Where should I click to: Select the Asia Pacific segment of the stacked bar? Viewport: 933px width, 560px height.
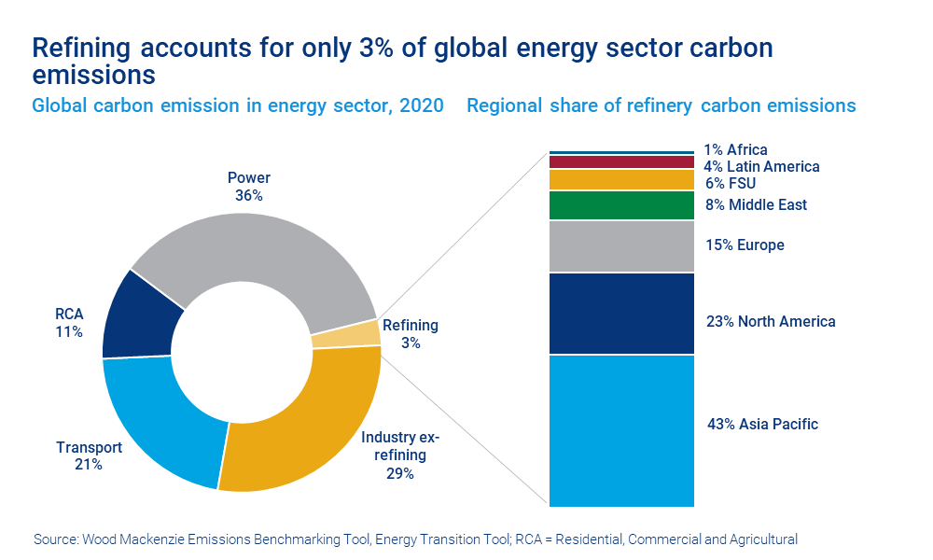click(621, 430)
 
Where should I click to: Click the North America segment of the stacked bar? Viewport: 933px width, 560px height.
click(621, 314)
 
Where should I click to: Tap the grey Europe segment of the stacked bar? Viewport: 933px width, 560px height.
click(621, 246)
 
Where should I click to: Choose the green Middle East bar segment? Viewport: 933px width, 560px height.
click(621, 205)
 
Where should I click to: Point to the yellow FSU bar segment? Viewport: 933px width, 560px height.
click(621, 180)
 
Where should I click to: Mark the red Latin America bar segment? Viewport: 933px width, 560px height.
click(621, 162)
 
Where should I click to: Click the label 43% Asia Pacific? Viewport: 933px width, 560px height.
click(762, 425)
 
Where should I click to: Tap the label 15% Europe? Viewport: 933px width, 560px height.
click(745, 245)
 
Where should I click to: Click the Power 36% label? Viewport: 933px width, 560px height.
click(249, 187)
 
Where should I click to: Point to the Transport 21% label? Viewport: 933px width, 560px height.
click(89, 455)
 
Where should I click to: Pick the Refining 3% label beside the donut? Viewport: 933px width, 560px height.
click(411, 334)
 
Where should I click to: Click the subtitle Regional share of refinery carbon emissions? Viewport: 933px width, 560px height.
click(661, 105)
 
